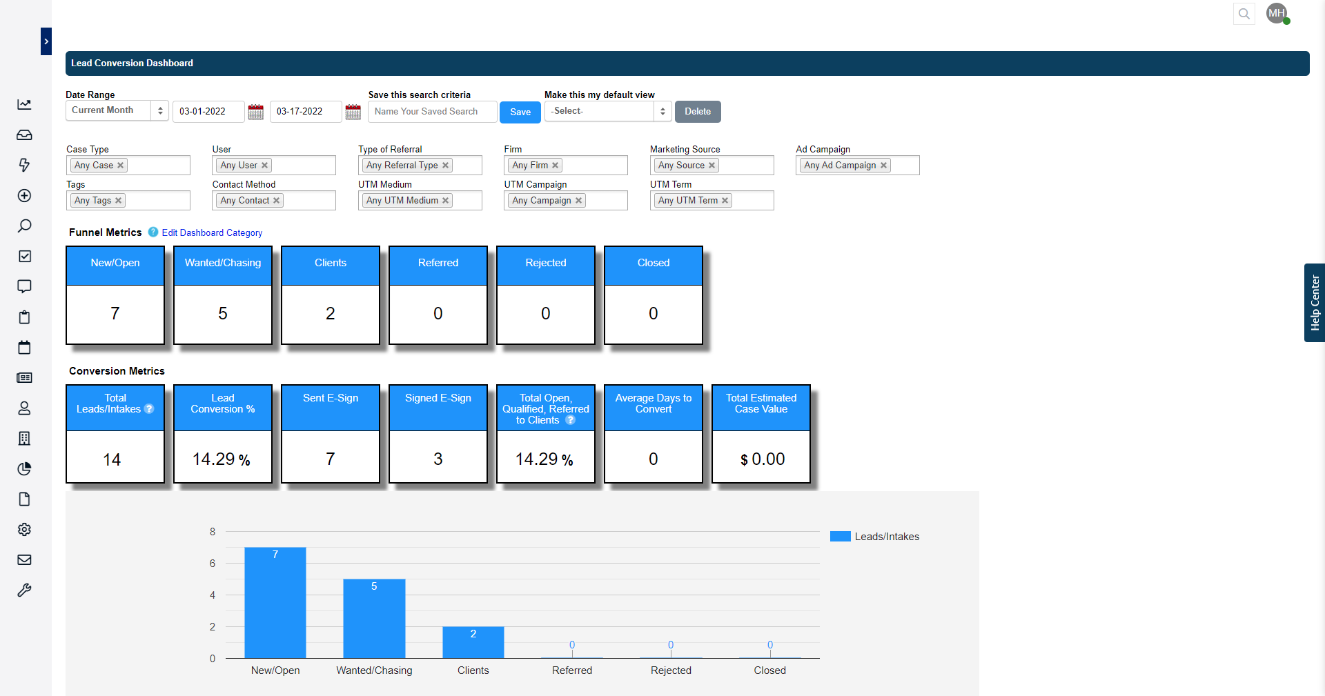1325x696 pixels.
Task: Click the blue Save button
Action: pyautogui.click(x=520, y=112)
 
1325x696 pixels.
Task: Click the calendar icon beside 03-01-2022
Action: pyautogui.click(x=255, y=112)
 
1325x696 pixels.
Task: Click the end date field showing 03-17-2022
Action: pyautogui.click(x=305, y=112)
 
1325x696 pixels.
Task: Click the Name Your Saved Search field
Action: pyautogui.click(x=432, y=112)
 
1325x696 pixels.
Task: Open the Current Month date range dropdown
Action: pyautogui.click(x=117, y=110)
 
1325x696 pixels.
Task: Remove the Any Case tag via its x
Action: pyautogui.click(x=121, y=166)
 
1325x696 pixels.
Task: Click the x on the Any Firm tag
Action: pyautogui.click(x=555, y=166)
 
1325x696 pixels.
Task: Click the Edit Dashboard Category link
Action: pyautogui.click(x=212, y=233)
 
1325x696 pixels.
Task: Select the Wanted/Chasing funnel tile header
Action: pyautogui.click(x=223, y=264)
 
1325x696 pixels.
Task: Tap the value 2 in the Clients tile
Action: pyautogui.click(x=330, y=314)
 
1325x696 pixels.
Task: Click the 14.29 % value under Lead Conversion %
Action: pyautogui.click(x=222, y=459)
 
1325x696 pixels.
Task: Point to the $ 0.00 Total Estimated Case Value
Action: pyautogui.click(x=762, y=459)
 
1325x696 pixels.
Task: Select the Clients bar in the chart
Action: pyautogui.click(x=473, y=642)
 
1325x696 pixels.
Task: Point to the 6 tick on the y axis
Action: pyautogui.click(x=213, y=564)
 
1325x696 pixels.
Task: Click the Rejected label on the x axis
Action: pyautogui.click(x=670, y=670)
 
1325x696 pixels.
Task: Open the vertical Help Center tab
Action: pyautogui.click(x=1314, y=303)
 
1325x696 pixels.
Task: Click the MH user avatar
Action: pyautogui.click(x=1276, y=13)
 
